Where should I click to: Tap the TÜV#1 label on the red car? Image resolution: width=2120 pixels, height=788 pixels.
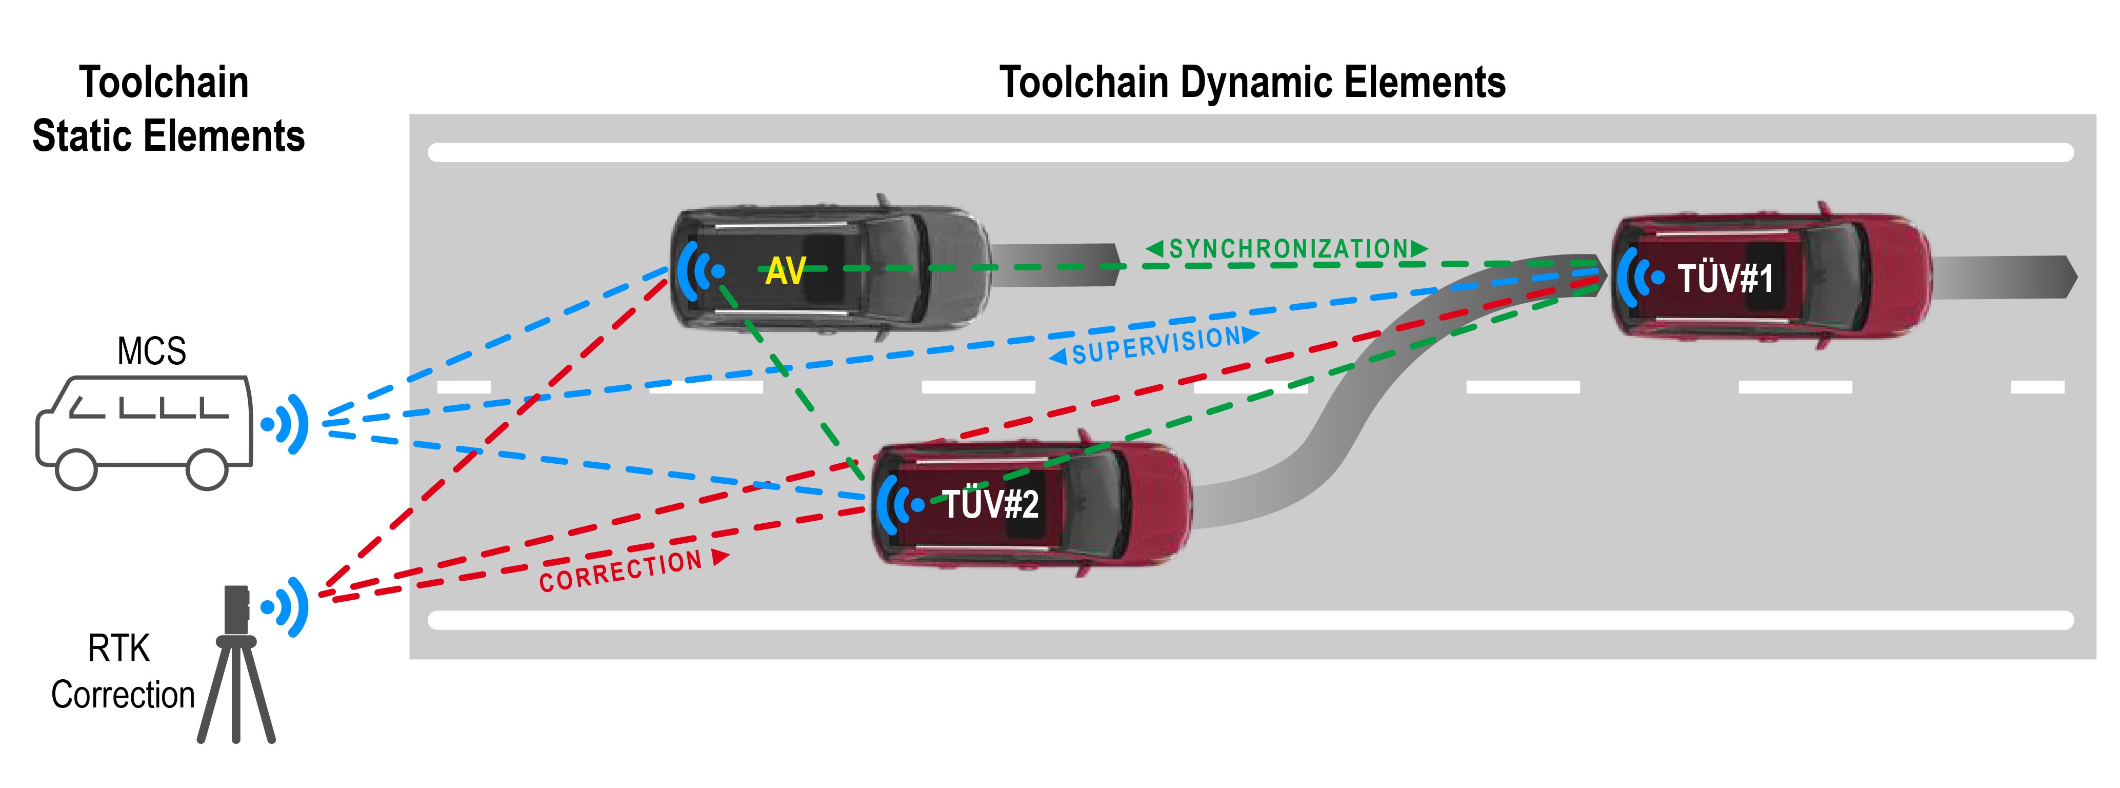(1725, 278)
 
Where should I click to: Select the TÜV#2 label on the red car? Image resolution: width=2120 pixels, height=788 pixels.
(990, 504)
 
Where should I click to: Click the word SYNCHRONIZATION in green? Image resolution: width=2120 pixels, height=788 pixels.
(1289, 249)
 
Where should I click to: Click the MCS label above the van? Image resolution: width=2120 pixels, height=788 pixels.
(151, 351)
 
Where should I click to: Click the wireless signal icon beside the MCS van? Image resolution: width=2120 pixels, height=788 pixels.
(285, 424)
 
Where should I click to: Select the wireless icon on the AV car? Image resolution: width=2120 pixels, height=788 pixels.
(701, 271)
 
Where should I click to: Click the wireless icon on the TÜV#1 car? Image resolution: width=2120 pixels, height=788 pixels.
(1640, 278)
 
